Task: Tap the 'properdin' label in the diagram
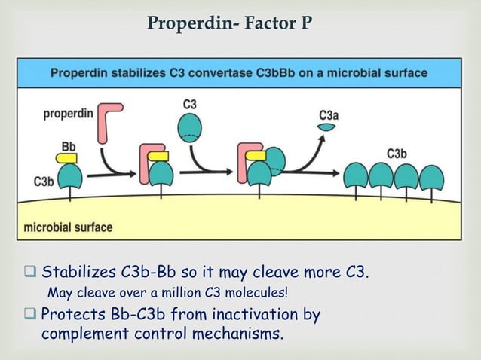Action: [69, 114]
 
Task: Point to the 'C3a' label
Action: [328, 115]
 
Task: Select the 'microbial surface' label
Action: [69, 227]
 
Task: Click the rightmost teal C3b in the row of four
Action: [431, 178]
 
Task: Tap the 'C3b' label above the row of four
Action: [397, 154]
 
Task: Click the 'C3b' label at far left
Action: [44, 182]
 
